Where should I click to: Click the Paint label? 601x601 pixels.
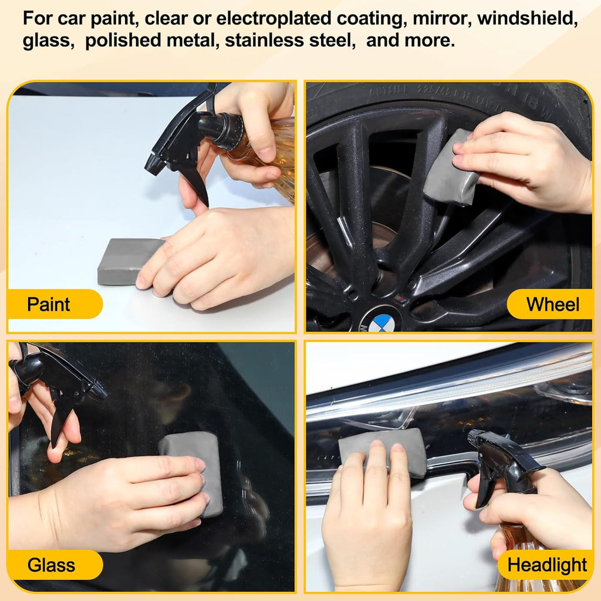coord(49,305)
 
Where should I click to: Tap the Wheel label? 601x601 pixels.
coord(553,305)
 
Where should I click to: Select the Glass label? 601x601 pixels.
coord(52,565)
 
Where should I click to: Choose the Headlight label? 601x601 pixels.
coord(547,565)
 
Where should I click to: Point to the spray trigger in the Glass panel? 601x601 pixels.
coord(60,421)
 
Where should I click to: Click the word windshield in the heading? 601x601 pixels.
coord(528,19)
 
